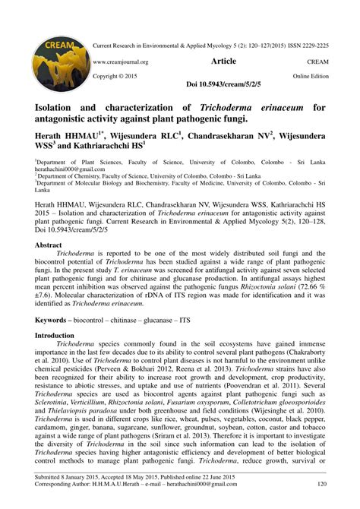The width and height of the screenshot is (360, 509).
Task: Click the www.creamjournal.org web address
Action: click(x=121, y=62)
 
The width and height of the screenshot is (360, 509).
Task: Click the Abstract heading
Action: click(x=49, y=247)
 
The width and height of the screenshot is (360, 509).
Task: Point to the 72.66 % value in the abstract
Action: click(x=311, y=289)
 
